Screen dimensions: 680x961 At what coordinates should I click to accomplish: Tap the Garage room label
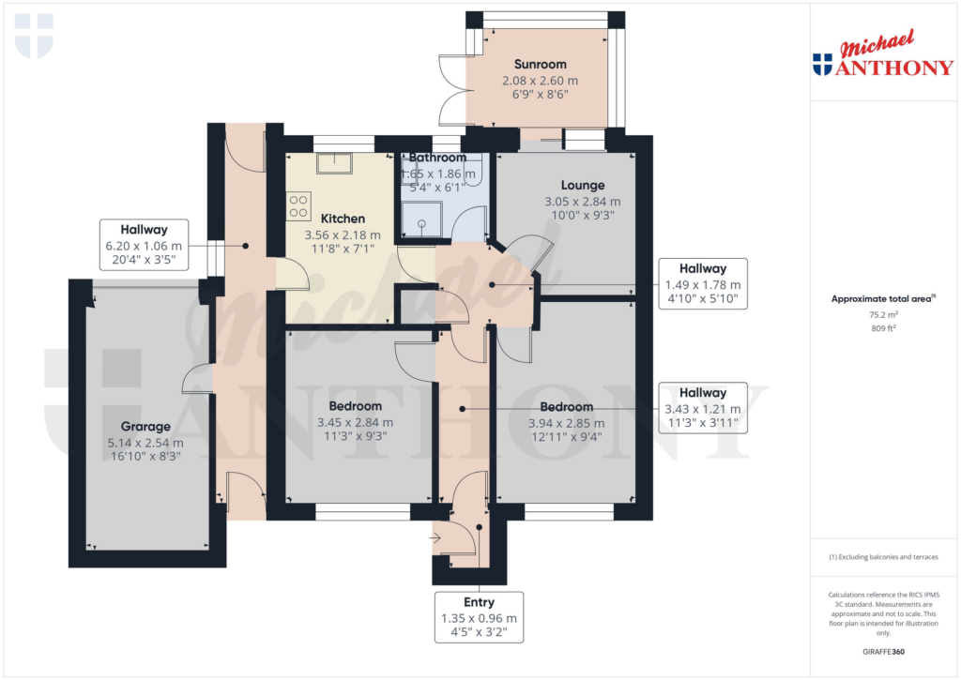click(x=145, y=427)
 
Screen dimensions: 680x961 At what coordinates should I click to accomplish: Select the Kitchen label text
click(x=343, y=219)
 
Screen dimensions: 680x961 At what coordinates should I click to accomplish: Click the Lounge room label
click(x=582, y=186)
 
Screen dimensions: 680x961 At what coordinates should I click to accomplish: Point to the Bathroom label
click(x=437, y=158)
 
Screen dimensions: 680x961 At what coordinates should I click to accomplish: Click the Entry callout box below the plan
click(x=479, y=617)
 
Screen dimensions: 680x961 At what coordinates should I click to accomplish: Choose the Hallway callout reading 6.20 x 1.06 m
click(x=144, y=245)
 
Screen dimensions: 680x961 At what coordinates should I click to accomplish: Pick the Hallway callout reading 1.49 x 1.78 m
click(x=703, y=284)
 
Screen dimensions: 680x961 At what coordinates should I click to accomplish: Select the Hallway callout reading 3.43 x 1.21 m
click(x=703, y=408)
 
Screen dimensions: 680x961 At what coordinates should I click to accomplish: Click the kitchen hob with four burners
click(x=299, y=205)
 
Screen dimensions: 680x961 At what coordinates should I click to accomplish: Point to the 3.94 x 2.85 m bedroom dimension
click(x=567, y=422)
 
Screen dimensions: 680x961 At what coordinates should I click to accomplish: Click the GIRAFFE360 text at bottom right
click(x=883, y=652)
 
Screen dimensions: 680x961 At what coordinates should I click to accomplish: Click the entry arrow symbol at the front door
click(x=437, y=538)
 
